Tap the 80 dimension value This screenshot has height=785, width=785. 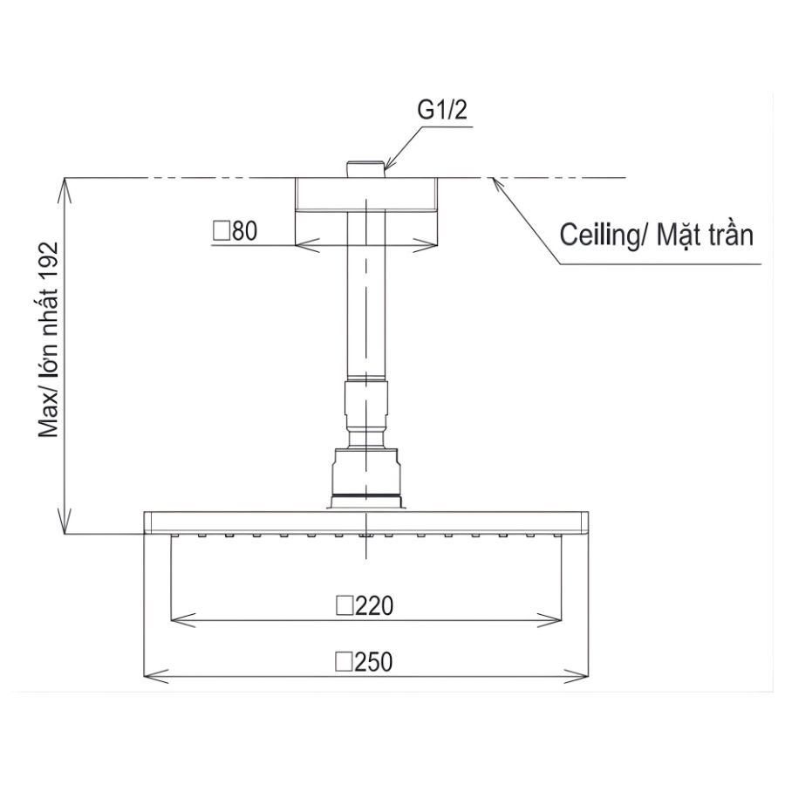point(243,231)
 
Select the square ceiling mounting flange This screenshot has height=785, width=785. point(365,195)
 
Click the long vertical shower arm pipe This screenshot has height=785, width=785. point(365,297)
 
